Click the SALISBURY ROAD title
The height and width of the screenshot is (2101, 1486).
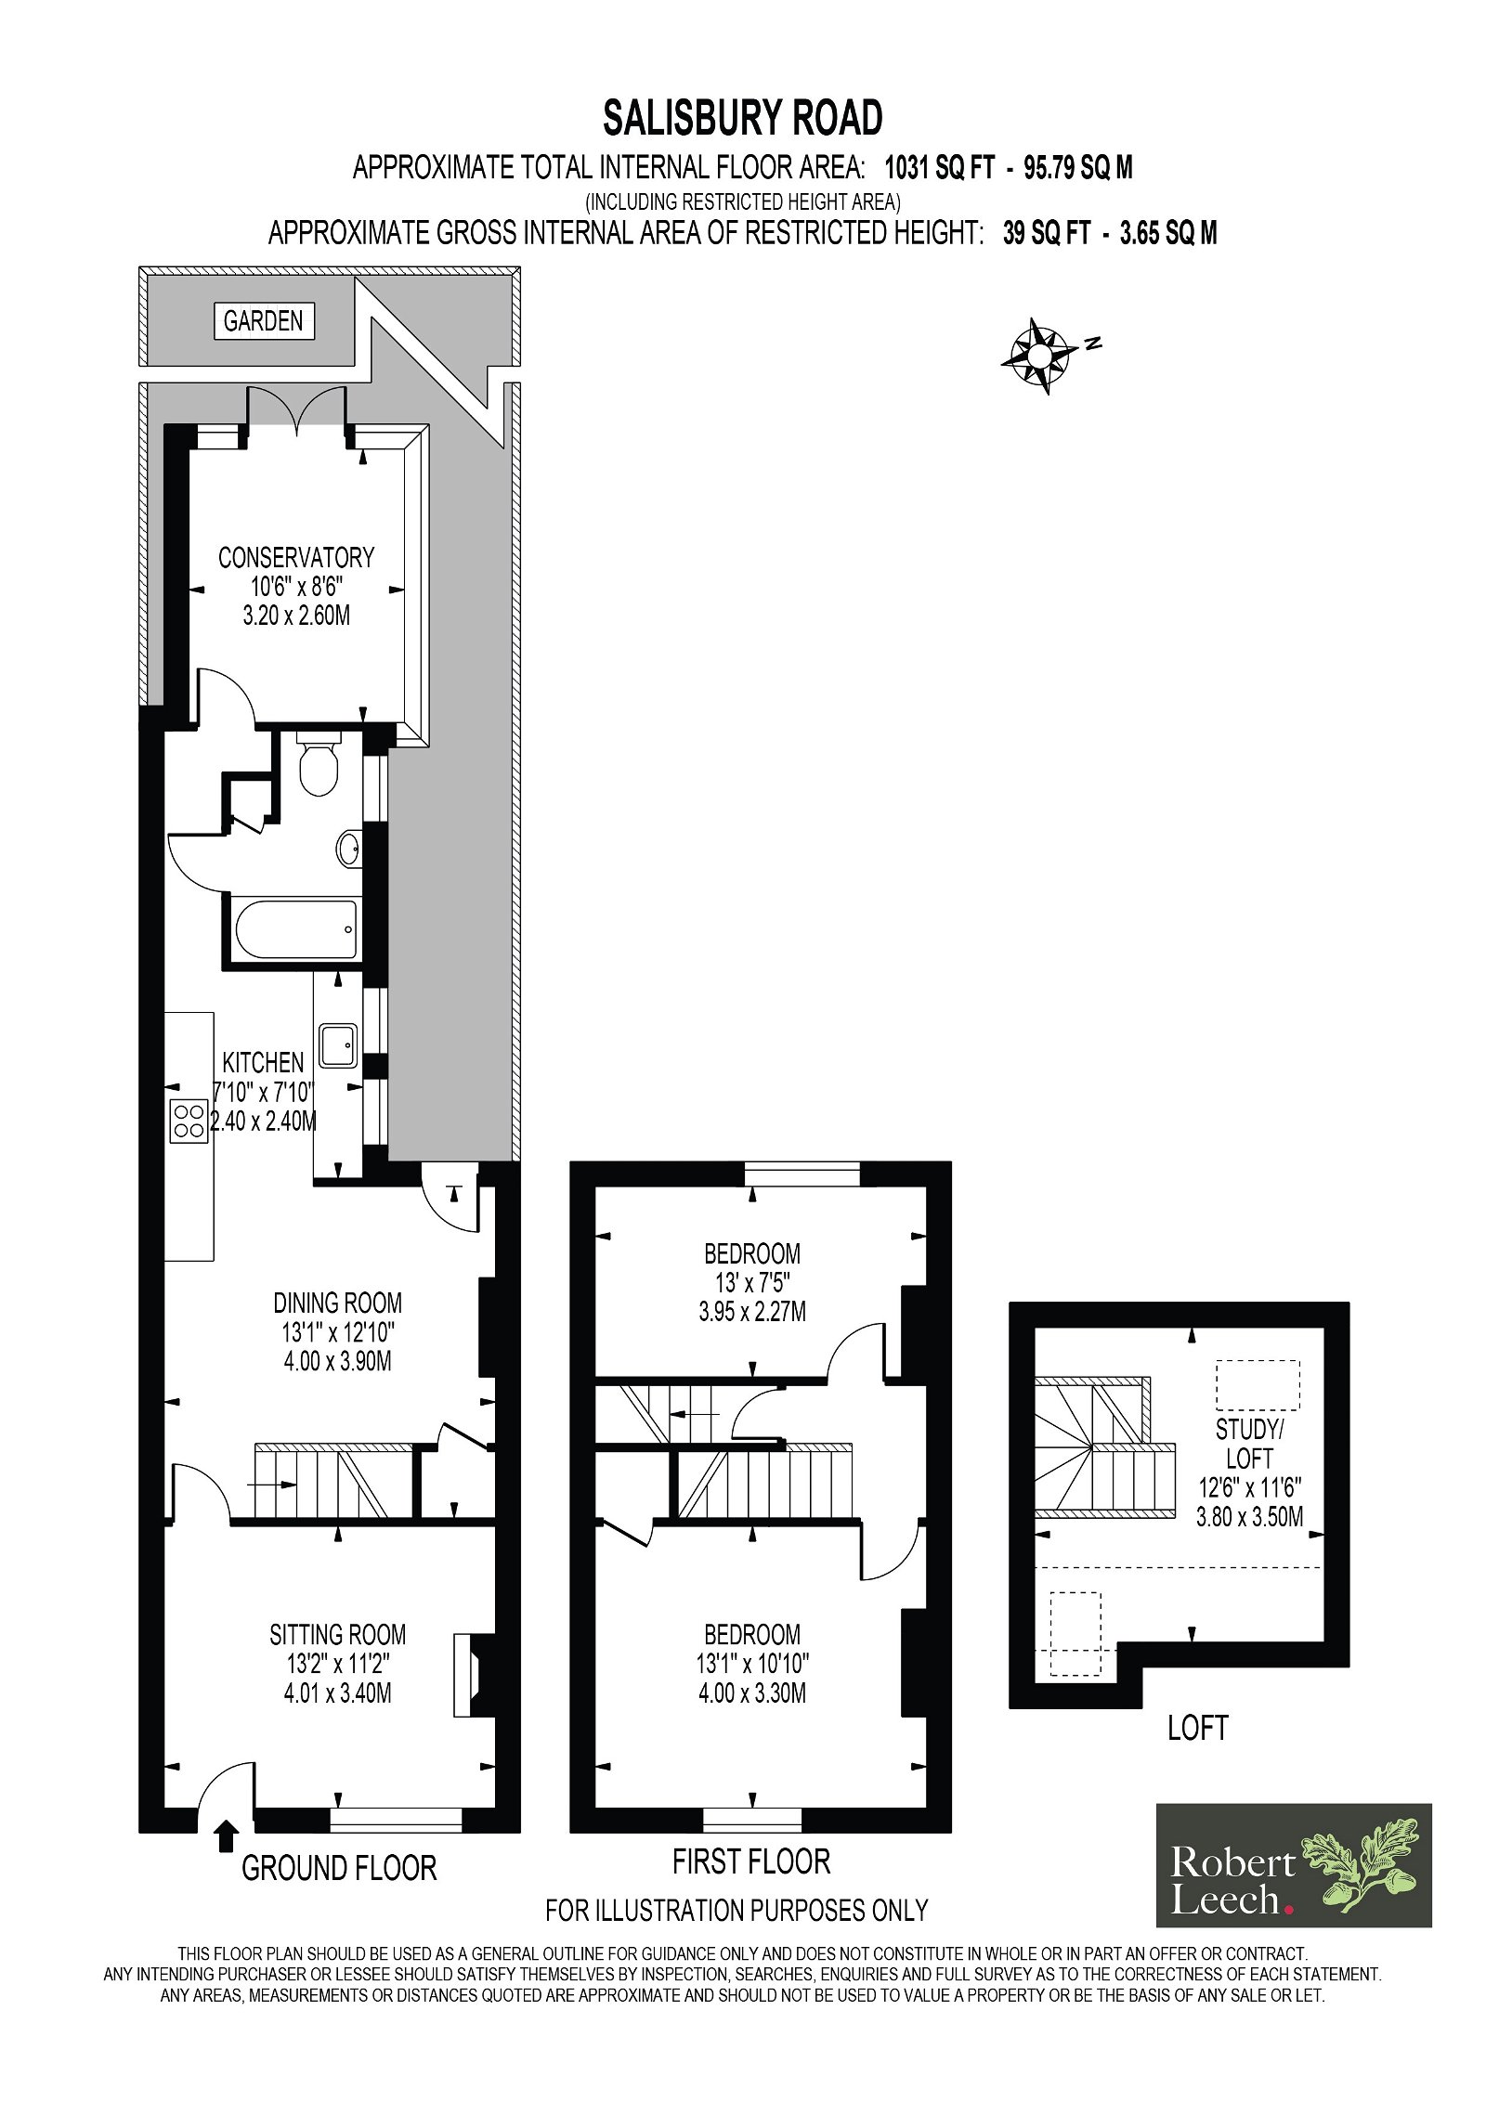point(742,118)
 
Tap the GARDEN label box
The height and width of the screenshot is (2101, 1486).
point(264,321)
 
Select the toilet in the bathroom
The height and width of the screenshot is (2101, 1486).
point(319,763)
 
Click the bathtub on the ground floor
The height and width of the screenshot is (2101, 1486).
point(296,929)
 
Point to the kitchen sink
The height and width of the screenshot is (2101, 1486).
point(338,1046)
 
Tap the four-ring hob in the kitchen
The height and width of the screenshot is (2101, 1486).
point(189,1121)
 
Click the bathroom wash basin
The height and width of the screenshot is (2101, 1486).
point(349,848)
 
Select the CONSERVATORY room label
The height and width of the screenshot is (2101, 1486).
point(296,558)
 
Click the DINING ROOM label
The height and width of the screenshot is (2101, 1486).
point(337,1303)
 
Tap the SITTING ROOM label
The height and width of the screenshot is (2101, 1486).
point(337,1634)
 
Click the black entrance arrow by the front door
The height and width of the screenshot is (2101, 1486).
point(226,1835)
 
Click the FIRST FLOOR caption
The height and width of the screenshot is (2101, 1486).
point(751,1861)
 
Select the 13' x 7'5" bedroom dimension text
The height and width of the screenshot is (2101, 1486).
point(752,1283)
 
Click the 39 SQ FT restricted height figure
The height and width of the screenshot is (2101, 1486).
point(1046,233)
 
